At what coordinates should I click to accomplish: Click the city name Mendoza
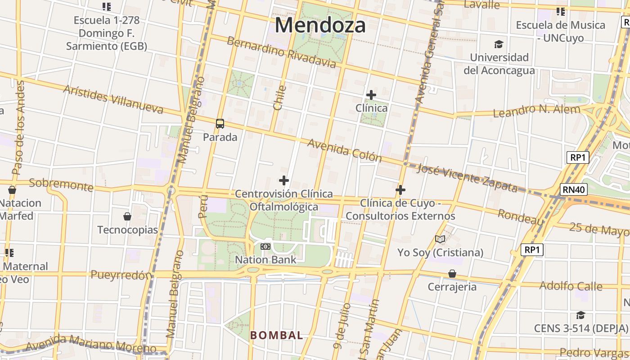[320, 25]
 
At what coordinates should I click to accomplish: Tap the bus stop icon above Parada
[220, 124]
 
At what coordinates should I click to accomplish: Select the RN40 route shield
[574, 189]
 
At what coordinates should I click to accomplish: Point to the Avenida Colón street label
[345, 151]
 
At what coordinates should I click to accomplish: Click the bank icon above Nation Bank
[265, 247]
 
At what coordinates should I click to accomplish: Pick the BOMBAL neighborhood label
[276, 335]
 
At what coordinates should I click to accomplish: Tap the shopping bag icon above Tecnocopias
[127, 216]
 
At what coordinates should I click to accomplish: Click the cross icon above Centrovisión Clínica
[284, 180]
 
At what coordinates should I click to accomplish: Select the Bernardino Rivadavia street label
[281, 53]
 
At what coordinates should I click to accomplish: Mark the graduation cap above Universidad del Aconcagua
[499, 45]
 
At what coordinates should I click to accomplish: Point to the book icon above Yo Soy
[440, 239]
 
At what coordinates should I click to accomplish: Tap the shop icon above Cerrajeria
[452, 274]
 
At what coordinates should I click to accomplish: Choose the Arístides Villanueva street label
[113, 99]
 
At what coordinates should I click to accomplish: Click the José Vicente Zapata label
[467, 178]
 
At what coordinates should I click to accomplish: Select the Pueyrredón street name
[121, 275]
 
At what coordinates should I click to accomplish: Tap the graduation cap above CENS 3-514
[580, 315]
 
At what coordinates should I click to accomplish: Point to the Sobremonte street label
[61, 184]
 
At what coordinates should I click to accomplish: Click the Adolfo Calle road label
[571, 286]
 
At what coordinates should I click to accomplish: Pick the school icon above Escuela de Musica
[560, 11]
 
